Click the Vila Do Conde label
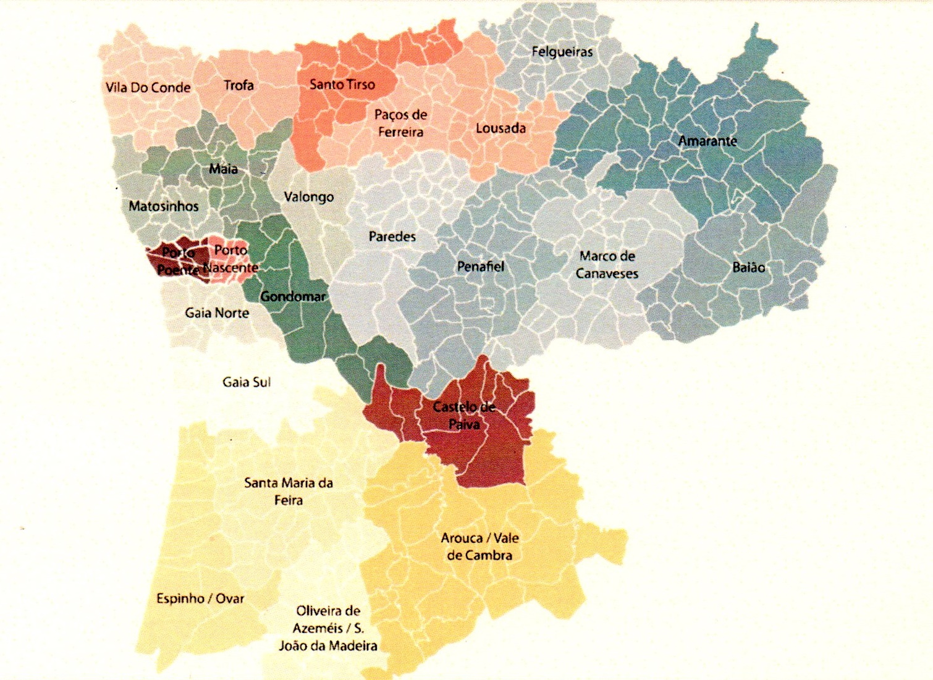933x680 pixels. pyautogui.click(x=148, y=88)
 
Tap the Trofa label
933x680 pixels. pyautogui.click(x=239, y=85)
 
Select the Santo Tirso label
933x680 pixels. pyautogui.click(x=342, y=85)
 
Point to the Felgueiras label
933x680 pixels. pyautogui.click(x=562, y=52)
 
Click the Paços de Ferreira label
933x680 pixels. pyautogui.click(x=400, y=123)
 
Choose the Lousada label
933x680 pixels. pyautogui.click(x=500, y=128)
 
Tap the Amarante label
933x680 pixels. pyautogui.click(x=707, y=141)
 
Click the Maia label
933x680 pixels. pyautogui.click(x=223, y=169)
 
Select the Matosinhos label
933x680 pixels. pyautogui.click(x=164, y=206)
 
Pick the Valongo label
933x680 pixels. pyautogui.click(x=308, y=197)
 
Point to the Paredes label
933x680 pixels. pyautogui.click(x=392, y=237)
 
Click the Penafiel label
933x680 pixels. pyautogui.click(x=480, y=267)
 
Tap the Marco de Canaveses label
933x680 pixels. pyautogui.click(x=607, y=264)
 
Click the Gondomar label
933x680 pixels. pyautogui.click(x=292, y=296)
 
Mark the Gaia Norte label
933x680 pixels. pyautogui.click(x=217, y=313)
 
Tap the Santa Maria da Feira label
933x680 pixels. pyautogui.click(x=289, y=491)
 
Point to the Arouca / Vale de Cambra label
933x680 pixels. pyautogui.click(x=479, y=546)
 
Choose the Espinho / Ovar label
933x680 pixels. pyautogui.click(x=200, y=598)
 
